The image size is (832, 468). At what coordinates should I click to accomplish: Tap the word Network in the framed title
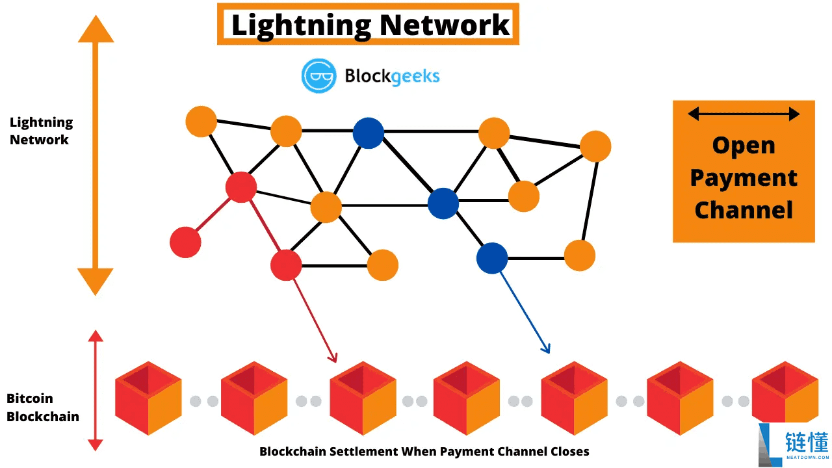445,25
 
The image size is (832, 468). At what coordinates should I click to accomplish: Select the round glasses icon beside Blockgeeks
318,75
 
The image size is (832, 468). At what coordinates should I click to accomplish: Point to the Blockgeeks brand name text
392,76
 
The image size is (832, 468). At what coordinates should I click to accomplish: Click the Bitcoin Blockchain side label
43,408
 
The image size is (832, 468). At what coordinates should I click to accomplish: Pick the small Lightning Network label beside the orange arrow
41,131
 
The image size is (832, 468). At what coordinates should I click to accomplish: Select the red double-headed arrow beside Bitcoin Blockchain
96,390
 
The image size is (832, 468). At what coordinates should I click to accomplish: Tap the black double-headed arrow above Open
744,114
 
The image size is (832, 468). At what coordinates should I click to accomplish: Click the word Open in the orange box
744,145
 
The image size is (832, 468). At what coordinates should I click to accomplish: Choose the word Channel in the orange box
744,209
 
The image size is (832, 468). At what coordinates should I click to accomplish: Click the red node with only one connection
185,242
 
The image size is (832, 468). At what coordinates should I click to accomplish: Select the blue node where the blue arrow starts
492,258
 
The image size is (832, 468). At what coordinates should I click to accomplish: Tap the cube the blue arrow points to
574,398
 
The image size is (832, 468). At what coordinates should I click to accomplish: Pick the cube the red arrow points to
363,398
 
